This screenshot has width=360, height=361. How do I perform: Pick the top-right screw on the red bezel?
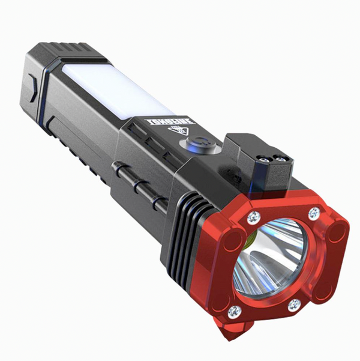[x=314, y=213]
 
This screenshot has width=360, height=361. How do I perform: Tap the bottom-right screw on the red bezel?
[x=294, y=305]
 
